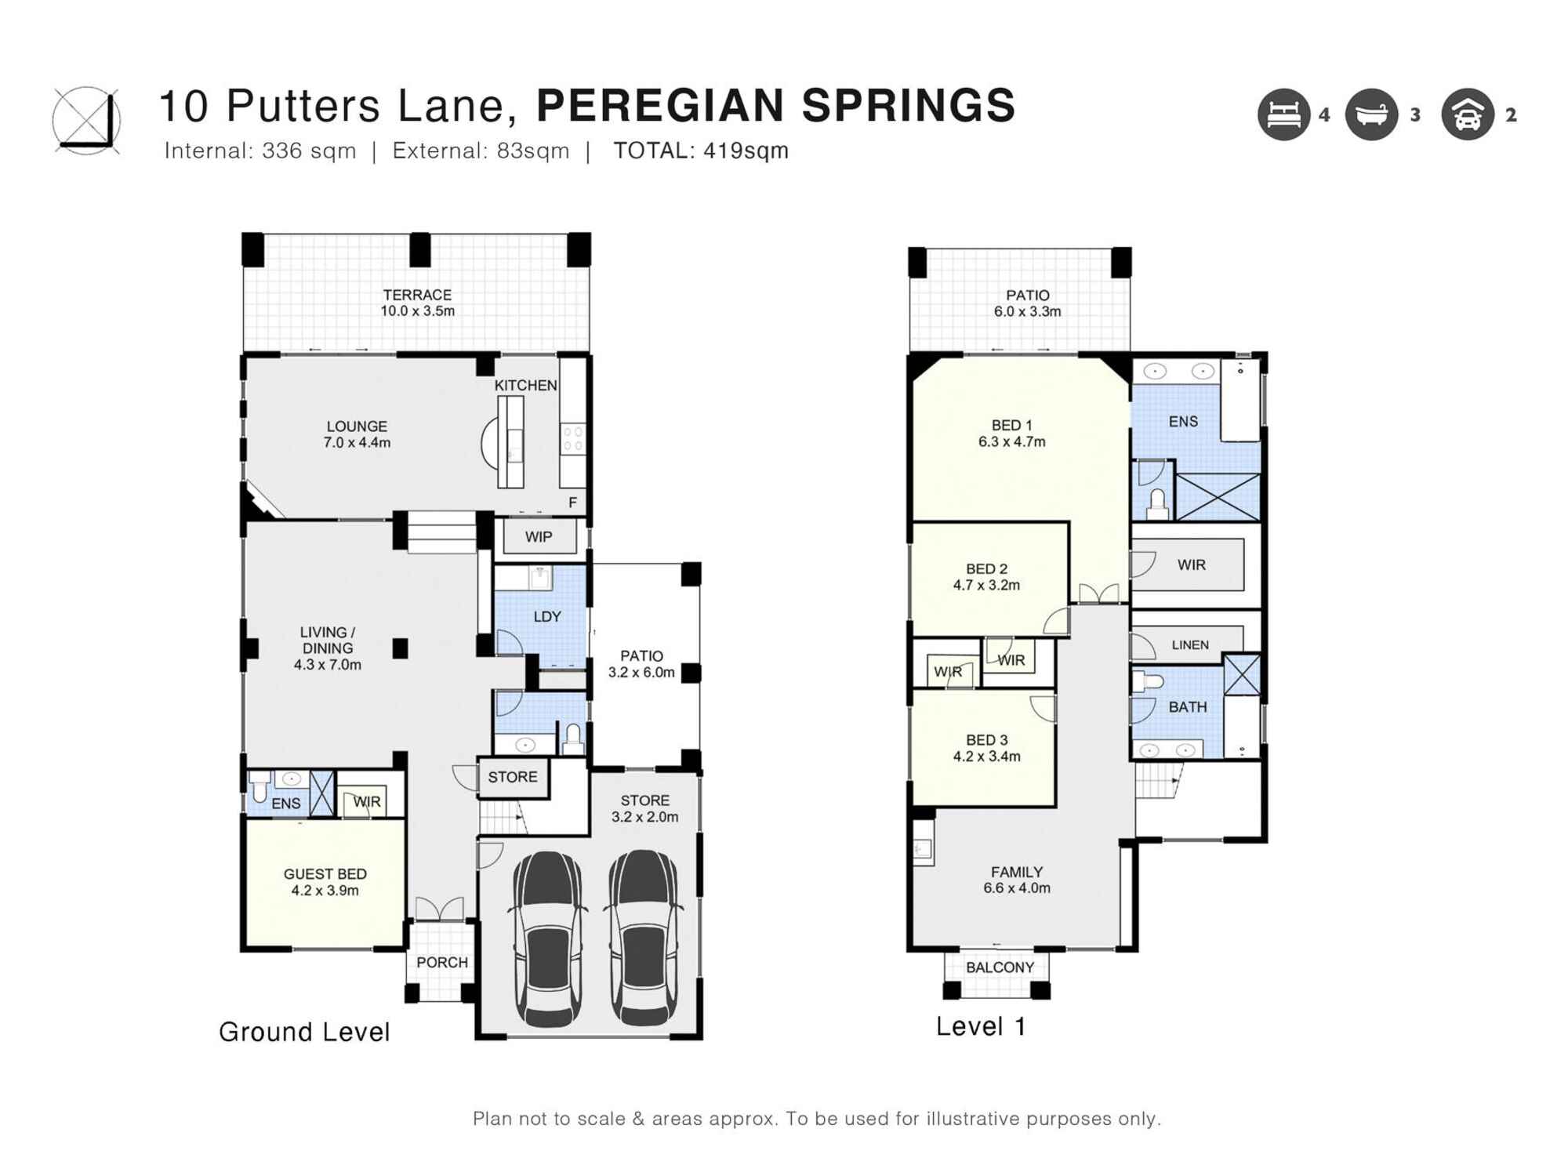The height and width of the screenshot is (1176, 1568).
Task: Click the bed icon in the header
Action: coord(1283,115)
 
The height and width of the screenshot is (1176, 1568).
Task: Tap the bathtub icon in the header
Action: coord(1371,115)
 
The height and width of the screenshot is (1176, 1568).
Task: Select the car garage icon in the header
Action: coord(1467,115)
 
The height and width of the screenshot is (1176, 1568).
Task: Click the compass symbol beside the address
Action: coord(86,121)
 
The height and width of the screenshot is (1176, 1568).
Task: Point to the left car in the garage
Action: coord(548,938)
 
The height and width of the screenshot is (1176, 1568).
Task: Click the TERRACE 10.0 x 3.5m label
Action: coord(417,303)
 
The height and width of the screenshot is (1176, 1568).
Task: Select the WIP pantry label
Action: coord(539,537)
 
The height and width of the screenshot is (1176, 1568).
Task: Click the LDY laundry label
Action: coord(546,617)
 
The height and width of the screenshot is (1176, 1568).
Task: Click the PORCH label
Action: coord(441,963)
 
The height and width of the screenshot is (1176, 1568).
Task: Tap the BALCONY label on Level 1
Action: coord(1000,967)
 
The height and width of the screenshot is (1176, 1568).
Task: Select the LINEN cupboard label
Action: coord(1189,645)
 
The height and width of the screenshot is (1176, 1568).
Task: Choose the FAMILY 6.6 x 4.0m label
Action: coord(1016,880)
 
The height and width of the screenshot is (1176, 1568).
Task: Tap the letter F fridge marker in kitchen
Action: coord(572,503)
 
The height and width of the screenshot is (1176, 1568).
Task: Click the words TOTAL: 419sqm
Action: coord(700,151)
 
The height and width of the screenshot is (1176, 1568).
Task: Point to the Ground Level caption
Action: coord(304,1032)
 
